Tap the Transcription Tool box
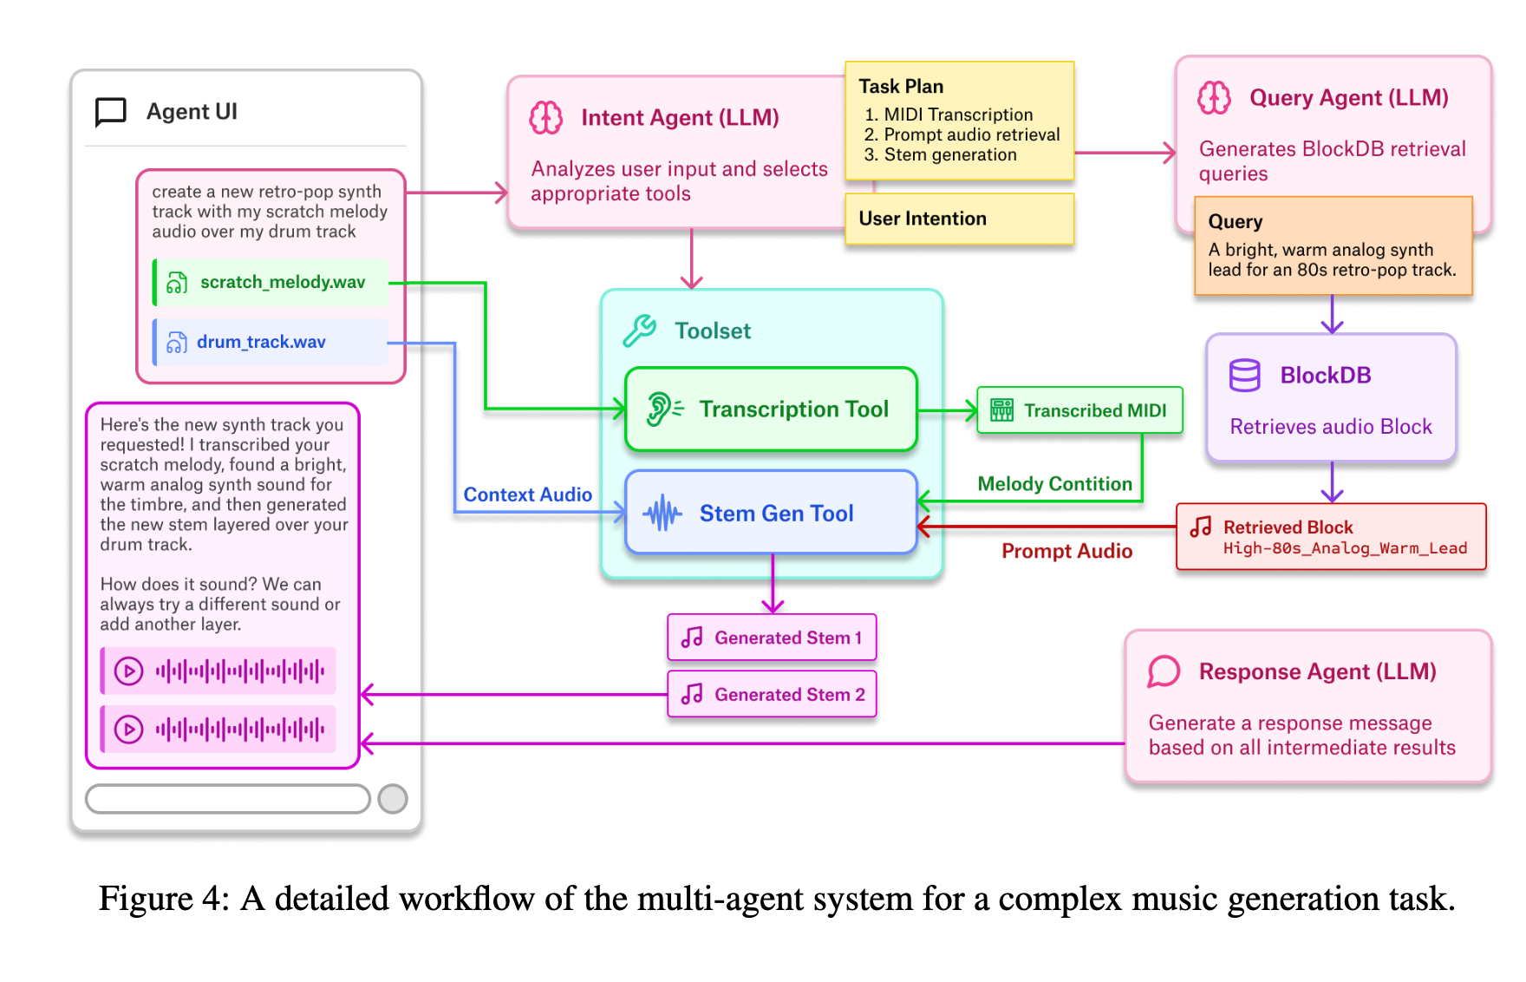771,409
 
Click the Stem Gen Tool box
771,513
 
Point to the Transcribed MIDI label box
1079,410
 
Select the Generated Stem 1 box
772,638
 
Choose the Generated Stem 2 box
772,694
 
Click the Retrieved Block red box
1331,537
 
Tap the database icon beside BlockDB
1244,376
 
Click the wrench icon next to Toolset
640,331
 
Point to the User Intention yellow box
959,219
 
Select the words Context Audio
527,494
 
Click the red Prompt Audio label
1066,551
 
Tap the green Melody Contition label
1054,484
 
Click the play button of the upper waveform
129,671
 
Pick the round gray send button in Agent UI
393,798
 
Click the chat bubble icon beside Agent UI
111,112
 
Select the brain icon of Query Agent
1214,98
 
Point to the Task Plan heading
901,87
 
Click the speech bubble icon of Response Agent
1164,671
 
